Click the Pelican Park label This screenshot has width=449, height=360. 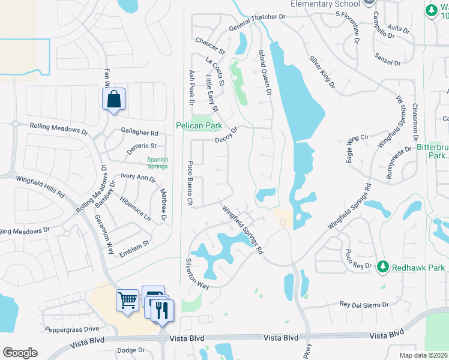(199, 126)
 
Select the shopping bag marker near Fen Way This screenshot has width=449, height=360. (113, 100)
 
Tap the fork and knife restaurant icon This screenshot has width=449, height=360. (161, 310)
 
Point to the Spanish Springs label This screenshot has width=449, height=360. (158, 163)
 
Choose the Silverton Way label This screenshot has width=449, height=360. (196, 274)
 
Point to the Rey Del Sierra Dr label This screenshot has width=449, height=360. (364, 305)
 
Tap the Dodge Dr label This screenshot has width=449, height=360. (131, 350)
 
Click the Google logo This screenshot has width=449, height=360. (20, 353)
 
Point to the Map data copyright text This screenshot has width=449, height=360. (424, 355)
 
